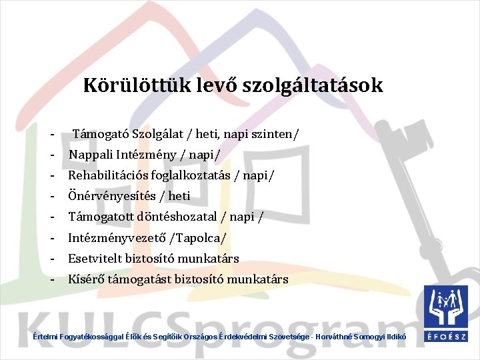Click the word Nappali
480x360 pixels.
click(90, 155)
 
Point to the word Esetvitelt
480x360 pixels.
click(94, 258)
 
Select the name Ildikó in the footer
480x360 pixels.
click(394, 338)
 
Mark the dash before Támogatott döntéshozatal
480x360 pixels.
click(51, 217)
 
